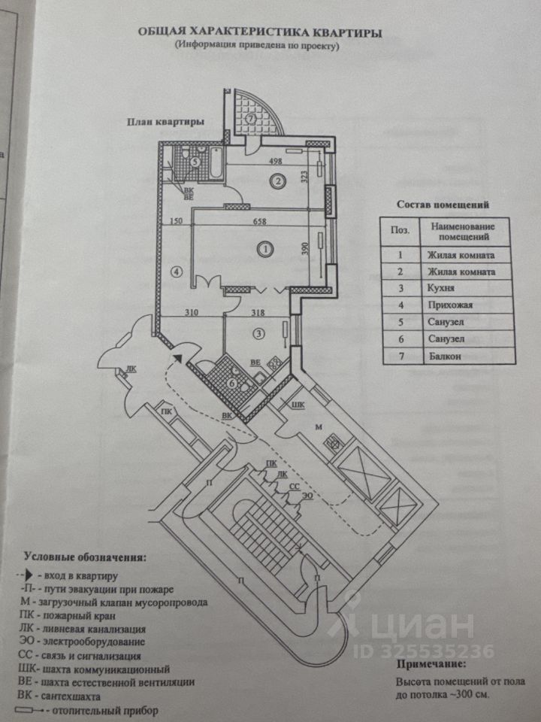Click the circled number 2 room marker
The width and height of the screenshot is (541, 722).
click(278, 180)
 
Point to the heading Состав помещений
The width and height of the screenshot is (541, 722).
click(443, 204)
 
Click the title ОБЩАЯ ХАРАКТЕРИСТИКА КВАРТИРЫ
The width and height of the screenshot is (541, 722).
click(259, 33)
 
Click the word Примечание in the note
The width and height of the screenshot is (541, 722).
click(431, 665)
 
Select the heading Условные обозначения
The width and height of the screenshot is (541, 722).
click(86, 558)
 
